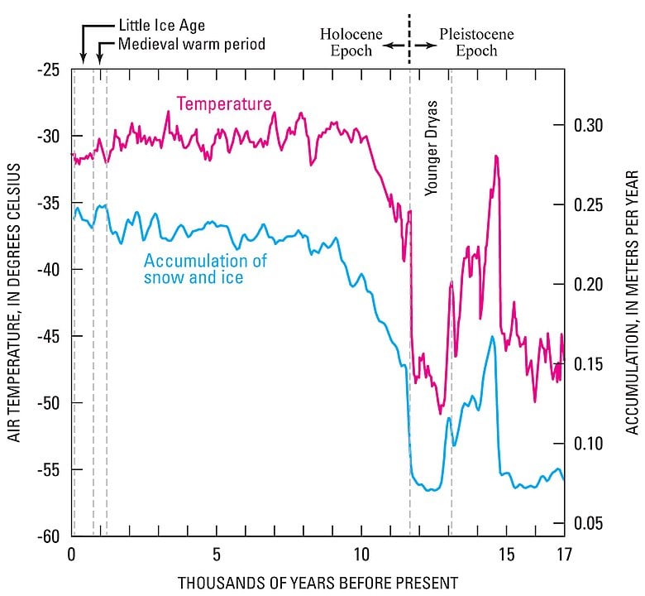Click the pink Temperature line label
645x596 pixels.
(223, 104)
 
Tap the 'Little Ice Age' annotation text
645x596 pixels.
(162, 26)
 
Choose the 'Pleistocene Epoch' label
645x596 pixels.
(476, 42)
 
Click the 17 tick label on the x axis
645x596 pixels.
(563, 554)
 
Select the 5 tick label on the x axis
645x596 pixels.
(217, 554)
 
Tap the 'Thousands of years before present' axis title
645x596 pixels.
(317, 582)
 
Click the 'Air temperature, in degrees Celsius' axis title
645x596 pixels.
(14, 302)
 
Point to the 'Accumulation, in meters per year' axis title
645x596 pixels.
(632, 302)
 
